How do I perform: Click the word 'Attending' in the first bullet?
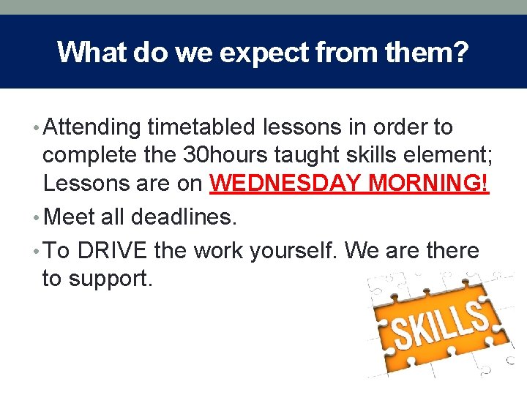[92, 128]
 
